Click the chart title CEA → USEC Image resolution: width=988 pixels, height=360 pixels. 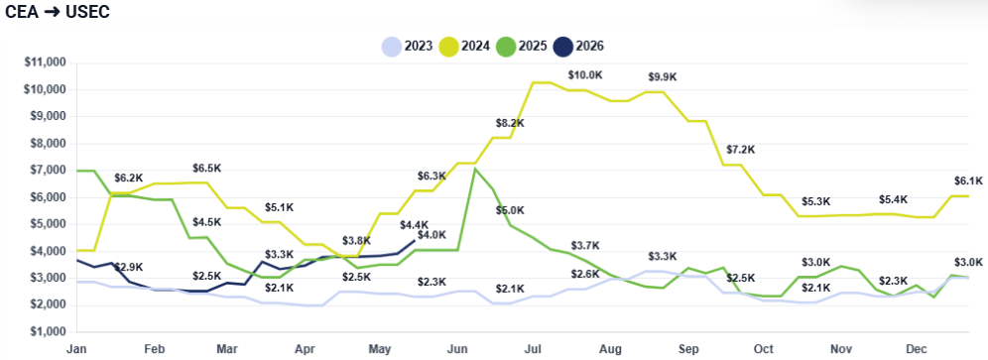pos(58,13)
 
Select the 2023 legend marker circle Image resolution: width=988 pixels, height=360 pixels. pos(391,46)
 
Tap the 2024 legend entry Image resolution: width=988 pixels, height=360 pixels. pos(463,46)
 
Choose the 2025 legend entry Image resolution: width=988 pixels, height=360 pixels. pos(520,46)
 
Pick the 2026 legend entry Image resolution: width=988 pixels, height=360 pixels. pos(578,46)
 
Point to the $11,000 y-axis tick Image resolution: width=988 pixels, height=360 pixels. pos(49,63)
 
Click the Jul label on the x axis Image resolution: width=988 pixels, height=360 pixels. pos(534,349)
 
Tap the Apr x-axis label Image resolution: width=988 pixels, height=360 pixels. pos(305,349)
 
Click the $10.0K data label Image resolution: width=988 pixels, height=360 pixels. pos(585,75)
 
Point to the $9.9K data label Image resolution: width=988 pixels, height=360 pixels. pos(663,77)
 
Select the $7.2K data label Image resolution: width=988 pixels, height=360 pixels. pos(740,150)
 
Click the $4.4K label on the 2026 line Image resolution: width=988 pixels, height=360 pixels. pos(414,224)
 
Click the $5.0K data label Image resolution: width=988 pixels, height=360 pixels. pos(510,210)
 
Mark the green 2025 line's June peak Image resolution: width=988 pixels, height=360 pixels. pos(474,169)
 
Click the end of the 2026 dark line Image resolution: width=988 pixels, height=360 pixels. pos(414,240)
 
